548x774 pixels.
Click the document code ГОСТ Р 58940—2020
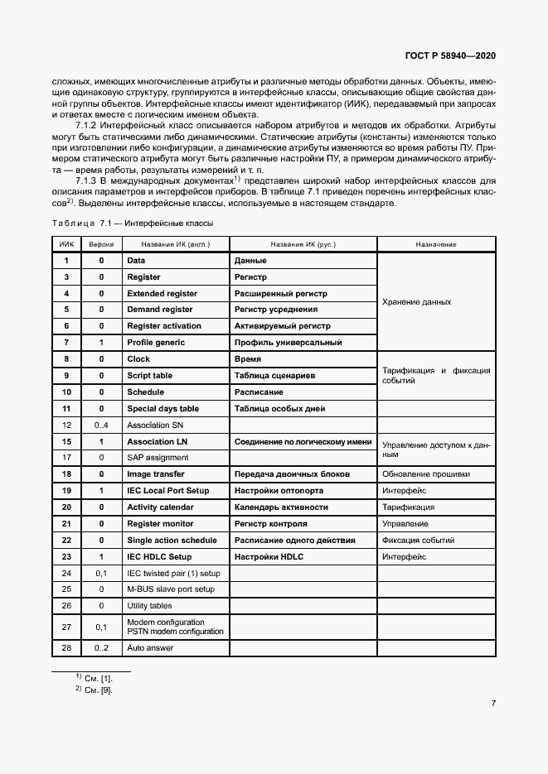[451, 55]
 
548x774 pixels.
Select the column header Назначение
[436, 245]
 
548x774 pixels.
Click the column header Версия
[101, 245]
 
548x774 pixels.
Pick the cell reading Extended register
[162, 294]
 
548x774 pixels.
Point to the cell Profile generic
[156, 343]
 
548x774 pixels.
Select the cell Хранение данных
[416, 302]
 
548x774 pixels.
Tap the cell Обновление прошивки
[425, 474]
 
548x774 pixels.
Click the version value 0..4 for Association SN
[101, 425]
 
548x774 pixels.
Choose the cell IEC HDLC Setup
[159, 557]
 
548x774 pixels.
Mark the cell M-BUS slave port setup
[170, 589]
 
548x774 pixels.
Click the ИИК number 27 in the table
[66, 627]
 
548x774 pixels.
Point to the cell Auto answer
[150, 648]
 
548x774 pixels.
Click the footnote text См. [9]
[97, 690]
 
